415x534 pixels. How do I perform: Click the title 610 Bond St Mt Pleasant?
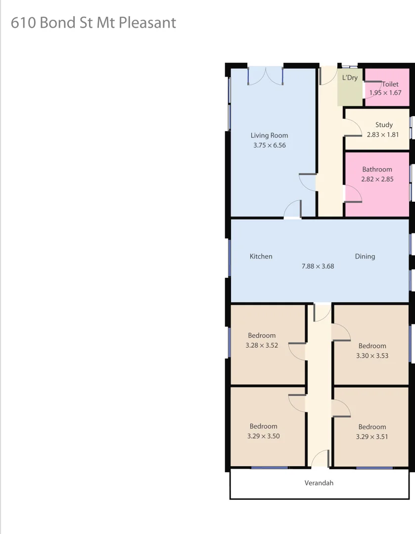93,23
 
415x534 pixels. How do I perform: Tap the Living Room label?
269,135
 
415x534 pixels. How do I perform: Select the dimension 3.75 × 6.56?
269,145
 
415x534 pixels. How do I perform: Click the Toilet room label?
390,84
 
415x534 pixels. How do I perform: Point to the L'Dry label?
350,78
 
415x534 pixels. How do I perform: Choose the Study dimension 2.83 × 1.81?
383,134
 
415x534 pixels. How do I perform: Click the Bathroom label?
377,169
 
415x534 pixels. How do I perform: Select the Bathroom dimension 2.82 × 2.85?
377,179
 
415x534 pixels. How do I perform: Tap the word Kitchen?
261,256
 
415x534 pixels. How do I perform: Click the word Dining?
365,256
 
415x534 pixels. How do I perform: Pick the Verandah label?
319,483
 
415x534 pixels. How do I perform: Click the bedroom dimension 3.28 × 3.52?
262,345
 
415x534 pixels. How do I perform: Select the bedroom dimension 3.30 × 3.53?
372,355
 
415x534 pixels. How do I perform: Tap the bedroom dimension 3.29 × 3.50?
263,436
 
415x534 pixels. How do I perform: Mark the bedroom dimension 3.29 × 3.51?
372,437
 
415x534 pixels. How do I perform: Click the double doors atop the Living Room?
265,75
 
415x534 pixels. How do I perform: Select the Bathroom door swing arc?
353,193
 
